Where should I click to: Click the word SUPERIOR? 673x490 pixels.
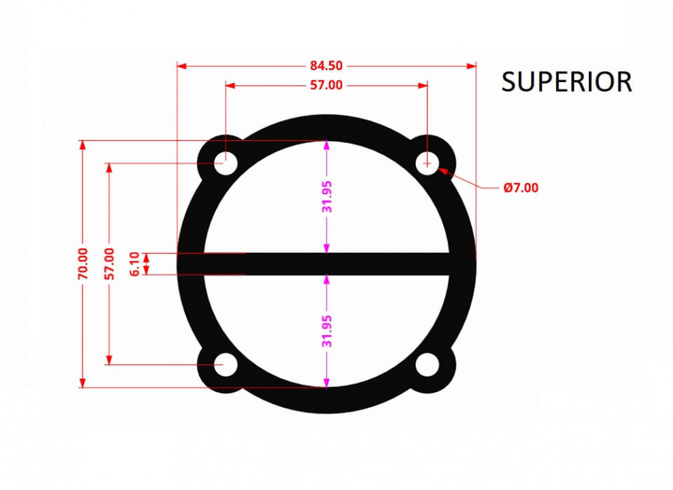[566, 81]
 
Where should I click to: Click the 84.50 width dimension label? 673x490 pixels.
[326, 66]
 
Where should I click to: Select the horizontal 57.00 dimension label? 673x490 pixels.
[326, 86]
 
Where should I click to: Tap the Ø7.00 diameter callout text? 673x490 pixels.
[521, 188]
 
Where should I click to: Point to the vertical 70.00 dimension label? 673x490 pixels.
[83, 264]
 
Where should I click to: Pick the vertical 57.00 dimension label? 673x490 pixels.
[109, 264]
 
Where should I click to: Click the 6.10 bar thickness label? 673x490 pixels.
[135, 264]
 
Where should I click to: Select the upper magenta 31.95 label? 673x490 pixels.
[327, 197]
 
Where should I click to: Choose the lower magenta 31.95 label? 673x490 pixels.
[327, 331]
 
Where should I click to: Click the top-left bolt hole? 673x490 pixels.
[225, 163]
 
